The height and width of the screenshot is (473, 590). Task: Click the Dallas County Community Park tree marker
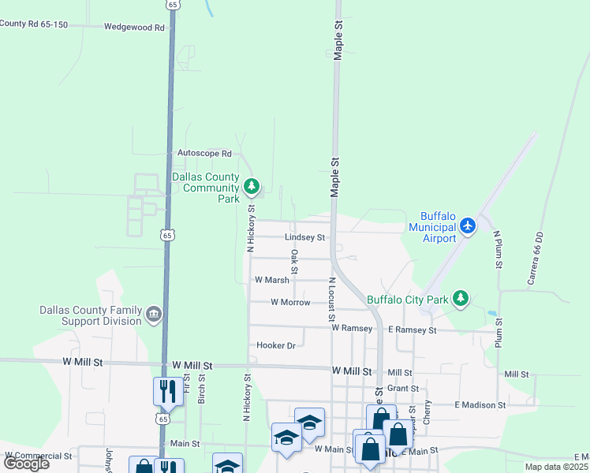pyautogui.click(x=252, y=187)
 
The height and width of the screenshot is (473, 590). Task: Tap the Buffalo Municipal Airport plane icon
pyautogui.click(x=469, y=226)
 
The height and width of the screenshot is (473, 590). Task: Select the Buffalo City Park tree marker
pyautogui.click(x=461, y=300)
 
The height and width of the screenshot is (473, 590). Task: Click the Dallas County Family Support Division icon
pyautogui.click(x=154, y=315)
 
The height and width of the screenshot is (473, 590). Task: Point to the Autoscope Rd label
pyautogui.click(x=204, y=154)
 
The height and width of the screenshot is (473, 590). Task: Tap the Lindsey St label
pyautogui.click(x=304, y=237)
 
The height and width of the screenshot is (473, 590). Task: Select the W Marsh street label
pyautogui.click(x=271, y=280)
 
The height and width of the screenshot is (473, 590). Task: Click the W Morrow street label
pyautogui.click(x=290, y=302)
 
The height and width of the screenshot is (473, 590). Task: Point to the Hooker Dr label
pyautogui.click(x=275, y=345)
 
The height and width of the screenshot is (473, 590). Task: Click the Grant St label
pyautogui.click(x=402, y=388)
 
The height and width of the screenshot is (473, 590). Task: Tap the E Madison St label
pyautogui.click(x=480, y=404)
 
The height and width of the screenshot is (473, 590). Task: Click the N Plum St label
pyautogui.click(x=498, y=250)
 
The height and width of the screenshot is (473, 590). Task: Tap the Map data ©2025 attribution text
pyautogui.click(x=555, y=467)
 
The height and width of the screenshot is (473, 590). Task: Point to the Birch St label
pyautogui.click(x=202, y=389)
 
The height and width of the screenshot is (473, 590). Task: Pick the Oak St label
pyautogui.click(x=294, y=262)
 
